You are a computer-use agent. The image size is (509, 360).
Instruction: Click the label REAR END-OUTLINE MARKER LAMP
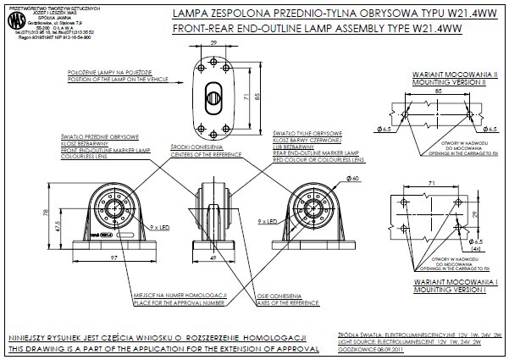tap(318, 152)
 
